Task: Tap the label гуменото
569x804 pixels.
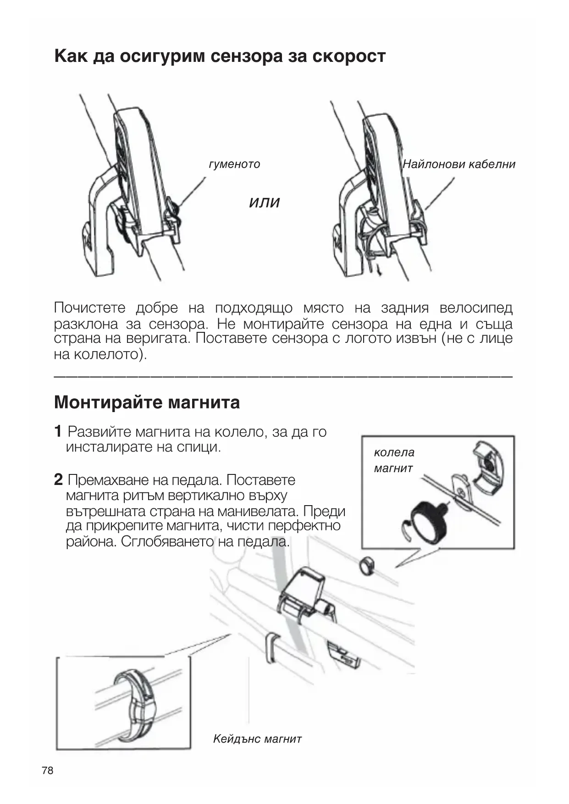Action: pos(234,164)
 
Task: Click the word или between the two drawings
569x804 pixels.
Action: pos(264,202)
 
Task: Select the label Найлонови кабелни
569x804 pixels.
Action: pos(459,164)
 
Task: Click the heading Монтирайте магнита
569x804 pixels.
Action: pos(147,402)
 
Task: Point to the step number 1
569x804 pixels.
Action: pos(58,431)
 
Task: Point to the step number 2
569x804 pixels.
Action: pos(58,480)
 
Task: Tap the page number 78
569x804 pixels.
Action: pos(47,771)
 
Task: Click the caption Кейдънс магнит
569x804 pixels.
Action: pos(257,738)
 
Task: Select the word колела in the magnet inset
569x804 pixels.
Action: pos(394,452)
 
